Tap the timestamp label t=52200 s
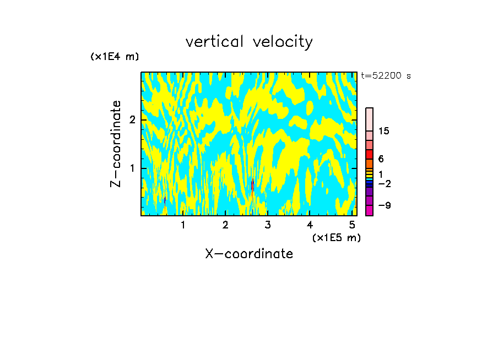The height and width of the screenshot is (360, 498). (386, 76)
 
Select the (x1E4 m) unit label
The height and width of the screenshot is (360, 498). (115, 57)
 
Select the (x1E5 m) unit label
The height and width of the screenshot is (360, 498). (336, 237)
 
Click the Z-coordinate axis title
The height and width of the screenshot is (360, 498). (116, 144)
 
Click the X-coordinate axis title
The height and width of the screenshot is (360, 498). (249, 254)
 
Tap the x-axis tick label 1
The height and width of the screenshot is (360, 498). (183, 225)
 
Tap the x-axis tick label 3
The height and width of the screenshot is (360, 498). (267, 225)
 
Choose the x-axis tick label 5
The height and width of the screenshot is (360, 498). (352, 225)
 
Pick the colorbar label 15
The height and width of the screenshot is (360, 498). (384, 131)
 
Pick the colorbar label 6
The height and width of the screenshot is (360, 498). (381, 159)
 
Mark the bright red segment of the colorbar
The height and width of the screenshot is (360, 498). (369, 154)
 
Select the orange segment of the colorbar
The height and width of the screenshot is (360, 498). (369, 163)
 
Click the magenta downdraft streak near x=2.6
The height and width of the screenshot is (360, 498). (252, 186)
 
